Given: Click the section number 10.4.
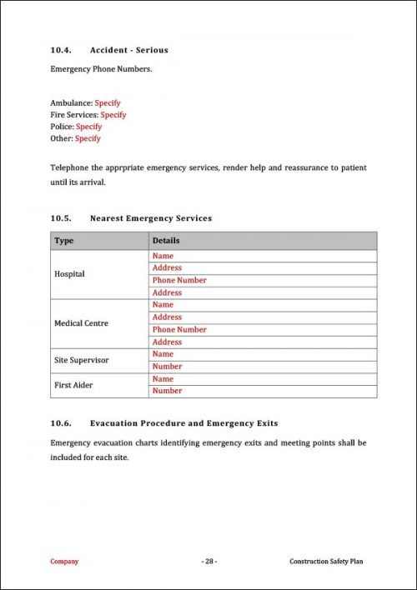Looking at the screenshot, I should pos(62,50).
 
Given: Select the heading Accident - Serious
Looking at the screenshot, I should pos(128,50).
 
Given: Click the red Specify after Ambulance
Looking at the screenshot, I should pos(108,103).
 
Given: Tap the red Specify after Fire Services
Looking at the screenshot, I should pos(113,115).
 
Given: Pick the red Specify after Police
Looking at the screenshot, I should pos(88,127).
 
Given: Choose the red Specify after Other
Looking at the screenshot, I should pos(87,138).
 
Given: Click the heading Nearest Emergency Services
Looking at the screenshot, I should pos(150,218).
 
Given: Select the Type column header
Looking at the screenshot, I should pos(64,241).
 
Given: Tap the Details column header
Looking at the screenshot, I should pos(166,241).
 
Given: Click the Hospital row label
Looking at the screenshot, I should pos(69,274).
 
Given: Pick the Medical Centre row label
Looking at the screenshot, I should pos(82,323).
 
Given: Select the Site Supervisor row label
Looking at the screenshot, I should pos(82,360).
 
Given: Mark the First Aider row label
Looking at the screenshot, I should pos(73,385).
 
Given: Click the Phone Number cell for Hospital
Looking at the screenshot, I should pos(179,281).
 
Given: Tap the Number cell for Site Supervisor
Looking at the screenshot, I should pos(167,367).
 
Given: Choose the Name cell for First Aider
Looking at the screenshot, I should pos(163,379).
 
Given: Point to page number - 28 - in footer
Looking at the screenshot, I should pos(208,562).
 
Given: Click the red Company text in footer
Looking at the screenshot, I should pos(64,562).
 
